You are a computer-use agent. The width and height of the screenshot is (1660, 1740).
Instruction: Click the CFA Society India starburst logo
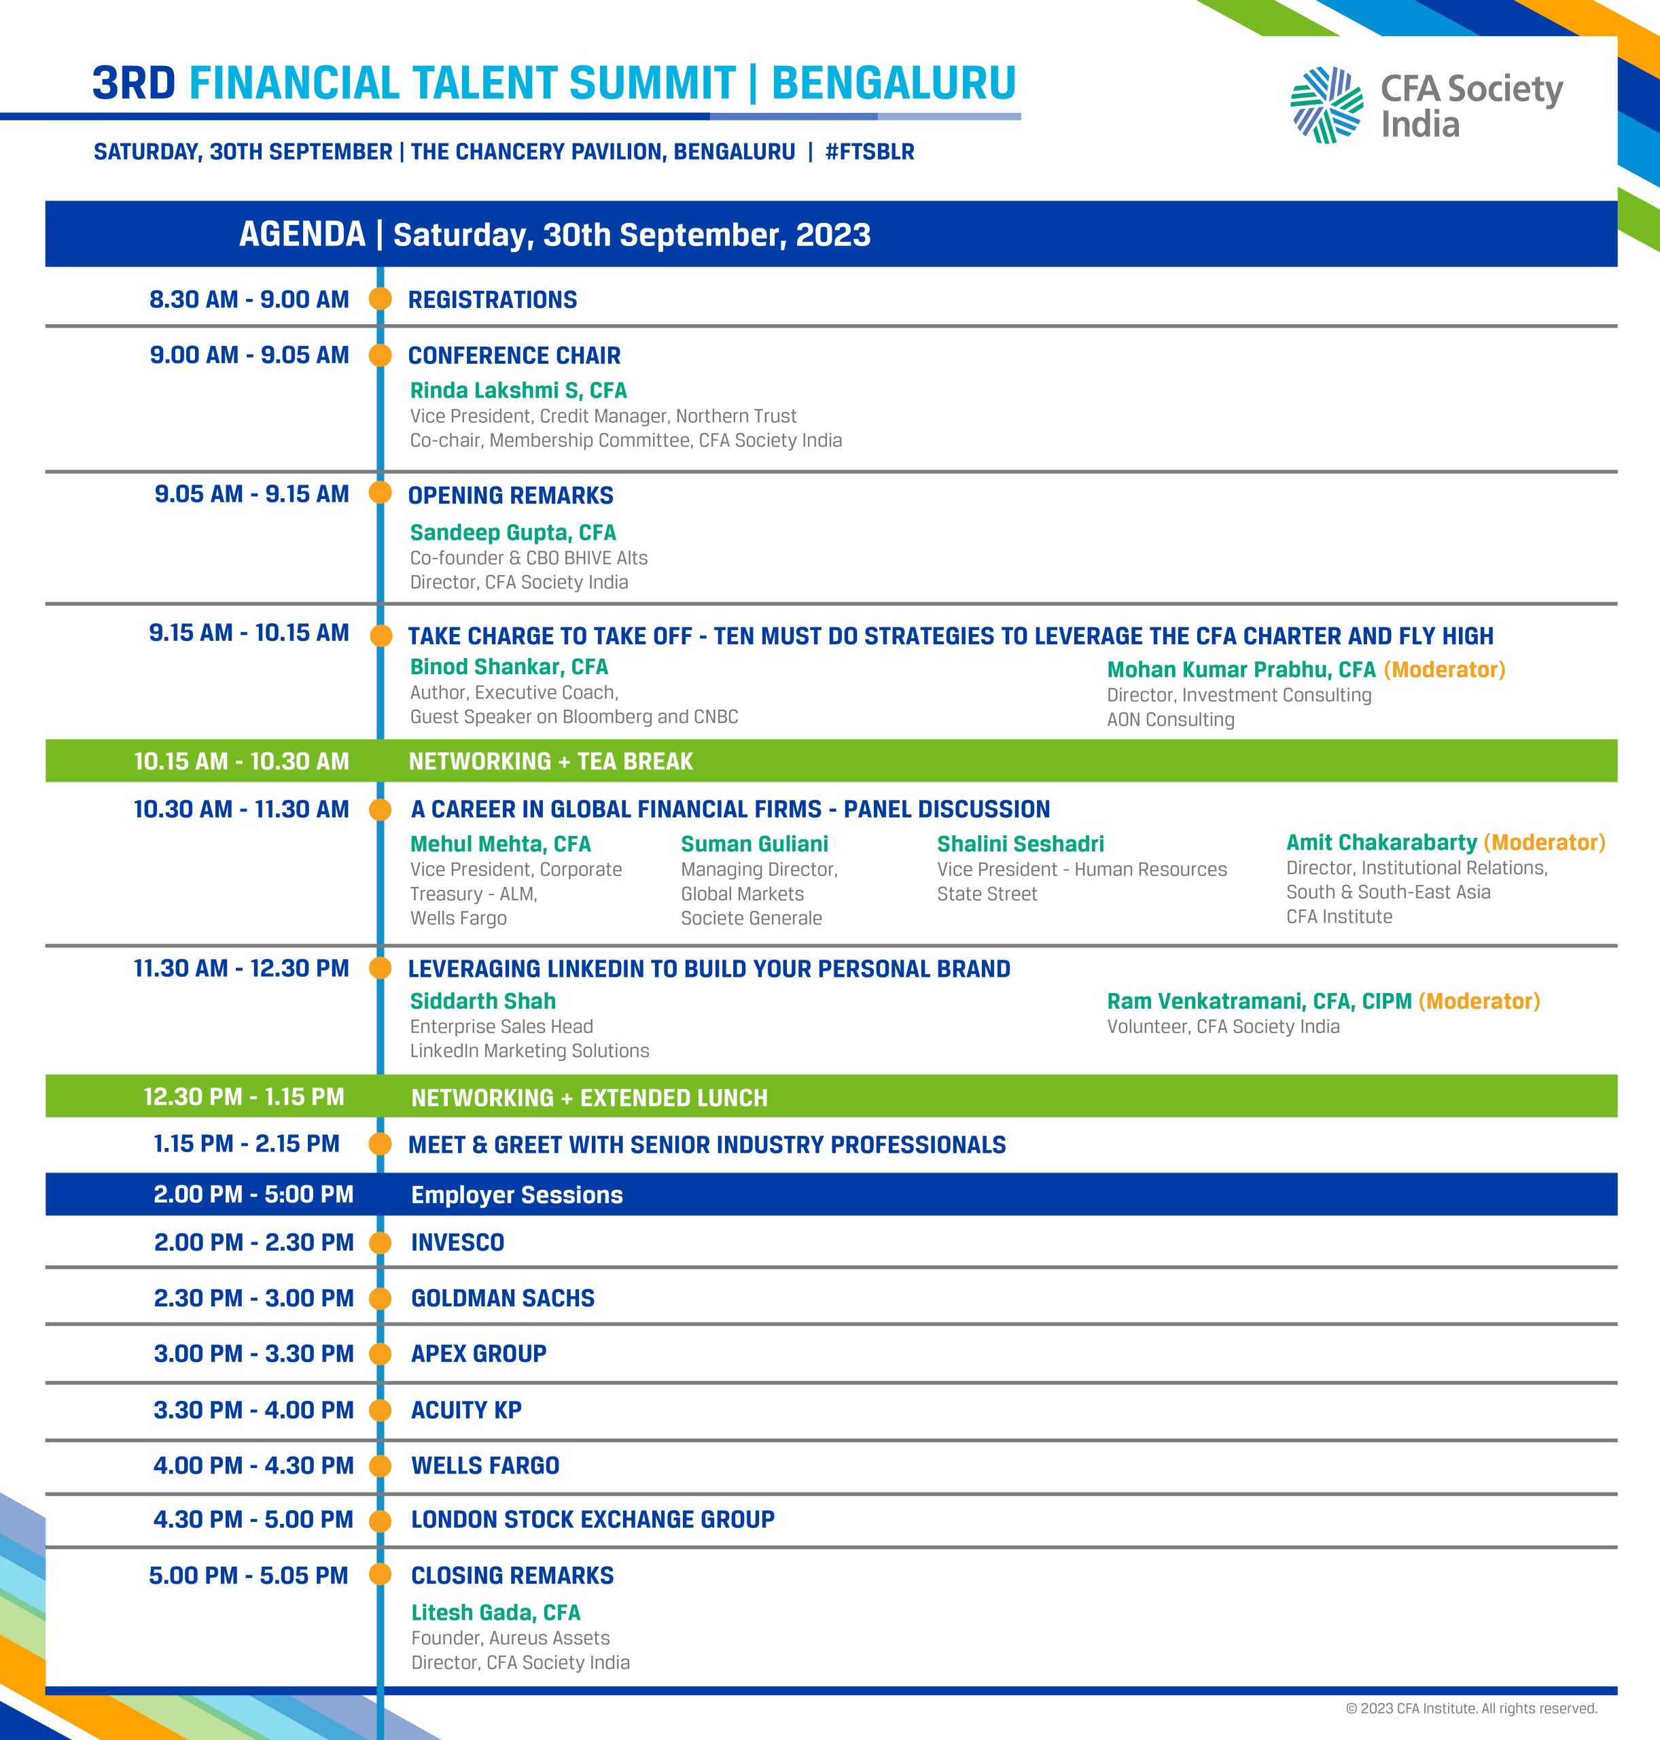pos(1326,105)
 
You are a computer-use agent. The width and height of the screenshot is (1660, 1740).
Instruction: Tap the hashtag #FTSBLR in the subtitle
pos(869,152)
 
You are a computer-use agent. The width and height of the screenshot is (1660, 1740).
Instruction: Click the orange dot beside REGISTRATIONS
pos(381,299)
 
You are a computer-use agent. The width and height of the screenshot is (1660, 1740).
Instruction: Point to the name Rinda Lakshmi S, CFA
pos(518,390)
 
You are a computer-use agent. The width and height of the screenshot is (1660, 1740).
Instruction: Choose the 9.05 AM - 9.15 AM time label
pos(251,494)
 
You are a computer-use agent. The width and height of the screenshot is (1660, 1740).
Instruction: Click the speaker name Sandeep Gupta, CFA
pos(512,532)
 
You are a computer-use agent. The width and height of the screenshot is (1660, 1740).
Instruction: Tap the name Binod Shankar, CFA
pos(509,667)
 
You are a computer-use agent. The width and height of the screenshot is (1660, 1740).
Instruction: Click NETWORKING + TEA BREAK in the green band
pos(550,761)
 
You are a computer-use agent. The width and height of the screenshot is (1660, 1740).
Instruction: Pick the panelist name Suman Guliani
pos(754,843)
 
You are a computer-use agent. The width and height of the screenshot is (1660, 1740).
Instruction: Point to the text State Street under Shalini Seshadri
pos(987,894)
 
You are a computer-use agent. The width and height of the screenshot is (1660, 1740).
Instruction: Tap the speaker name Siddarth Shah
pos(482,1001)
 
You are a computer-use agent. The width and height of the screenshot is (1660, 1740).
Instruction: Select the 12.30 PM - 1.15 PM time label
pos(243,1096)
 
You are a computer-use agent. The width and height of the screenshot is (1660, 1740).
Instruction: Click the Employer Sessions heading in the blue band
pos(517,1195)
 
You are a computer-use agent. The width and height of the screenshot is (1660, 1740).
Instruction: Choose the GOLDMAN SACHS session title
pos(503,1298)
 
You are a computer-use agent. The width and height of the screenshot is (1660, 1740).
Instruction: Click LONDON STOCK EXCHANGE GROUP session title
pos(592,1520)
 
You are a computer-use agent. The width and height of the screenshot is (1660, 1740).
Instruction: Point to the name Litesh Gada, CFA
pos(495,1612)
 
